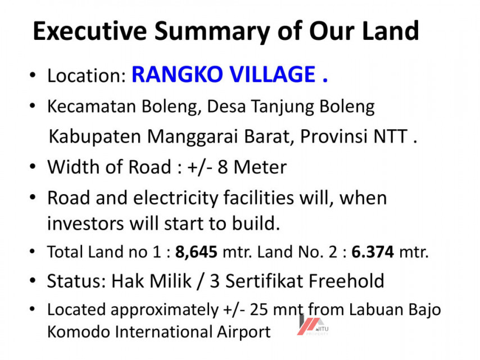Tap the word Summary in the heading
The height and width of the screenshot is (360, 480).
point(212,32)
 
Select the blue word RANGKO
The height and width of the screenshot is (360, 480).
point(177,74)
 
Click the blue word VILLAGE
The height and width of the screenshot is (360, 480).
point(273,74)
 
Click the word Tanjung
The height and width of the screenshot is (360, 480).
point(282,107)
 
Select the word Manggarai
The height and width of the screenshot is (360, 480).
point(193,137)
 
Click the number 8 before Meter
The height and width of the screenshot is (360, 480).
point(223,167)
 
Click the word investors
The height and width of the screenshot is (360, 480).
point(85,223)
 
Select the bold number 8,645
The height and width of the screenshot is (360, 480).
point(196,252)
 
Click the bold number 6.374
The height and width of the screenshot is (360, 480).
point(373,252)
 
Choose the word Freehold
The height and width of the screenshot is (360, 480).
point(346,281)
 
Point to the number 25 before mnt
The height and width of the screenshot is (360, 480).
point(259,310)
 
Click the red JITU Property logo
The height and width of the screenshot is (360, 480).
point(313,325)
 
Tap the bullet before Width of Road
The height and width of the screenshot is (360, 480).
point(33,166)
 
